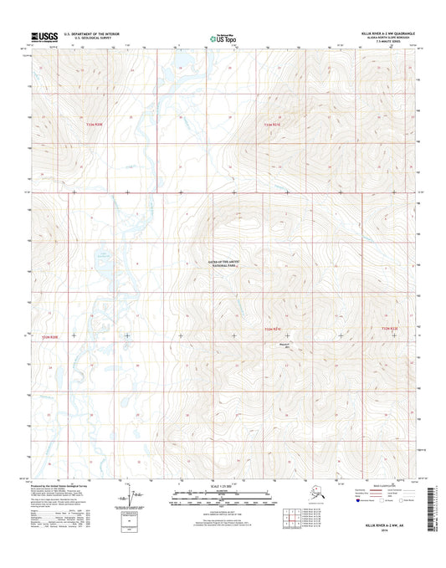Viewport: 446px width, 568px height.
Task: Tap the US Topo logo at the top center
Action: click(222, 37)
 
